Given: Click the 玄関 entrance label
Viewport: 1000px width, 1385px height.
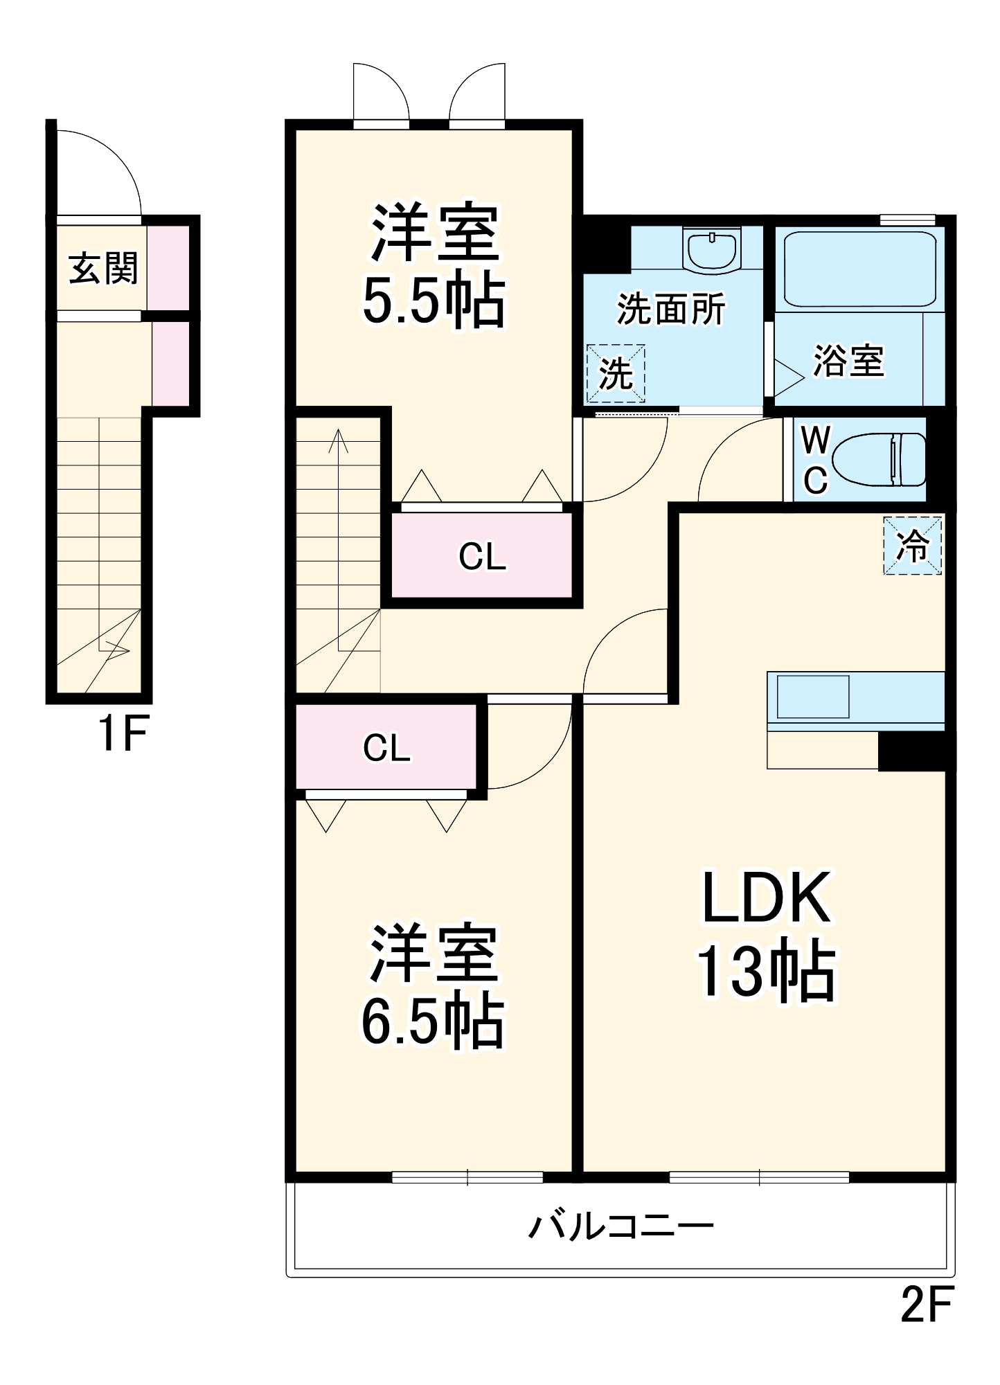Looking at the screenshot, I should (103, 268).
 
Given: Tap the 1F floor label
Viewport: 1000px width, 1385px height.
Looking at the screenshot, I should (123, 733).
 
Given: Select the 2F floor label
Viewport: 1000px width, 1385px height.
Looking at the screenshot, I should (926, 1304).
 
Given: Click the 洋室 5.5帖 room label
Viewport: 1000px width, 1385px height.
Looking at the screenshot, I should (434, 265).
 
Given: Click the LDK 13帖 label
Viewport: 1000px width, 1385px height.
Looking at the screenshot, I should (766, 934).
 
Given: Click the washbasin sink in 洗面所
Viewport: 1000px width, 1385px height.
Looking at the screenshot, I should (711, 249).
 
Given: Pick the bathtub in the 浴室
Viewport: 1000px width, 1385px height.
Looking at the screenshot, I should (859, 269).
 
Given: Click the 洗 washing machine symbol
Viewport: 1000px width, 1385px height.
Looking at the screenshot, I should (616, 373).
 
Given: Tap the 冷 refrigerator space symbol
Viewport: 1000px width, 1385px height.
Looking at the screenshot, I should (912, 545).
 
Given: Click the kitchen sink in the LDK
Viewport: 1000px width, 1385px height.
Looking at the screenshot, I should (812, 697).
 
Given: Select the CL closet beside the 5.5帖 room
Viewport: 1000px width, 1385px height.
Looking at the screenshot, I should (482, 555).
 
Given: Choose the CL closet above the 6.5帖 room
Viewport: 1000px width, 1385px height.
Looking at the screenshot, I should (386, 747).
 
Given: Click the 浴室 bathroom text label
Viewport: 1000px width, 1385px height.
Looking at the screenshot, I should (848, 360).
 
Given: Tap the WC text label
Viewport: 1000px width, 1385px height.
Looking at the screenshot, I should (815, 459).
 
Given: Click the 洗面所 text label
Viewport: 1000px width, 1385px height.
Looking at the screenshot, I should (670, 309).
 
